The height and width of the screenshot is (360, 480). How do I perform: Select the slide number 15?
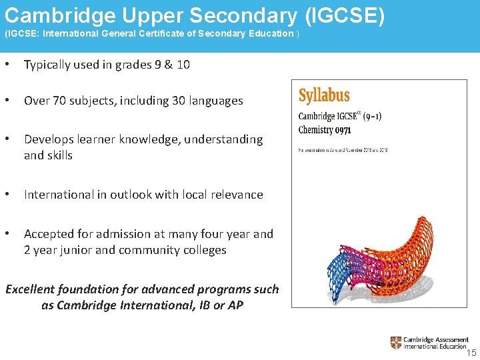[471, 353]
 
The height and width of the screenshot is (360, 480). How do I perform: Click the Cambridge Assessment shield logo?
[396, 343]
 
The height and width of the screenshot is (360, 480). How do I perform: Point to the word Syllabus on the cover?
[324, 96]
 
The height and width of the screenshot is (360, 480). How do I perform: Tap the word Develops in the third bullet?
[49, 139]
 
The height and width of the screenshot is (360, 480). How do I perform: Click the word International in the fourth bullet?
[58, 195]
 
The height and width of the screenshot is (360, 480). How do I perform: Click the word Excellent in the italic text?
[33, 289]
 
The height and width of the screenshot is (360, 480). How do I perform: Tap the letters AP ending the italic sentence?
[235, 305]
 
